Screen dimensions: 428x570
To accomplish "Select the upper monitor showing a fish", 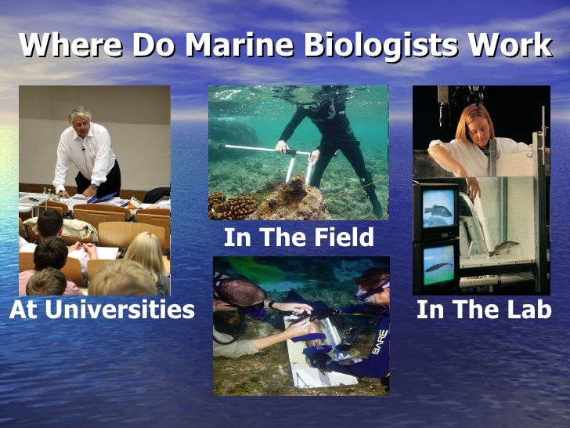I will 438,209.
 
